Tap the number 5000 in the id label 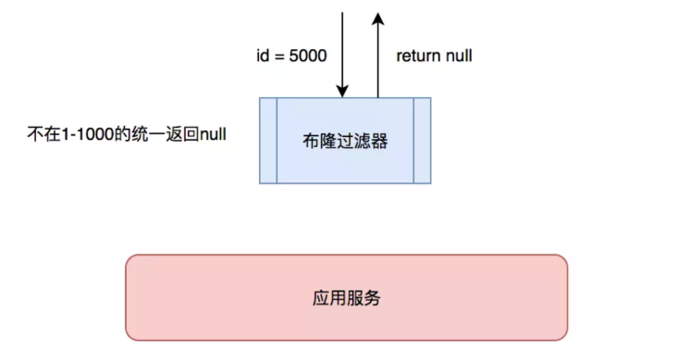pyautogui.click(x=309, y=56)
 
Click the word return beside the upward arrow pyautogui.click(x=418, y=56)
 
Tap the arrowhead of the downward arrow pyautogui.click(x=343, y=91)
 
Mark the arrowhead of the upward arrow pyautogui.click(x=377, y=18)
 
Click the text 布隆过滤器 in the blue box pyautogui.click(x=344, y=141)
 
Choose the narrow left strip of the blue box pyautogui.click(x=268, y=140)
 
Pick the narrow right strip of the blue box pyautogui.click(x=422, y=140)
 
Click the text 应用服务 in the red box pyautogui.click(x=347, y=299)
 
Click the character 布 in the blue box pyautogui.click(x=310, y=141)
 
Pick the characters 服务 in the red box pyautogui.click(x=363, y=299)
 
